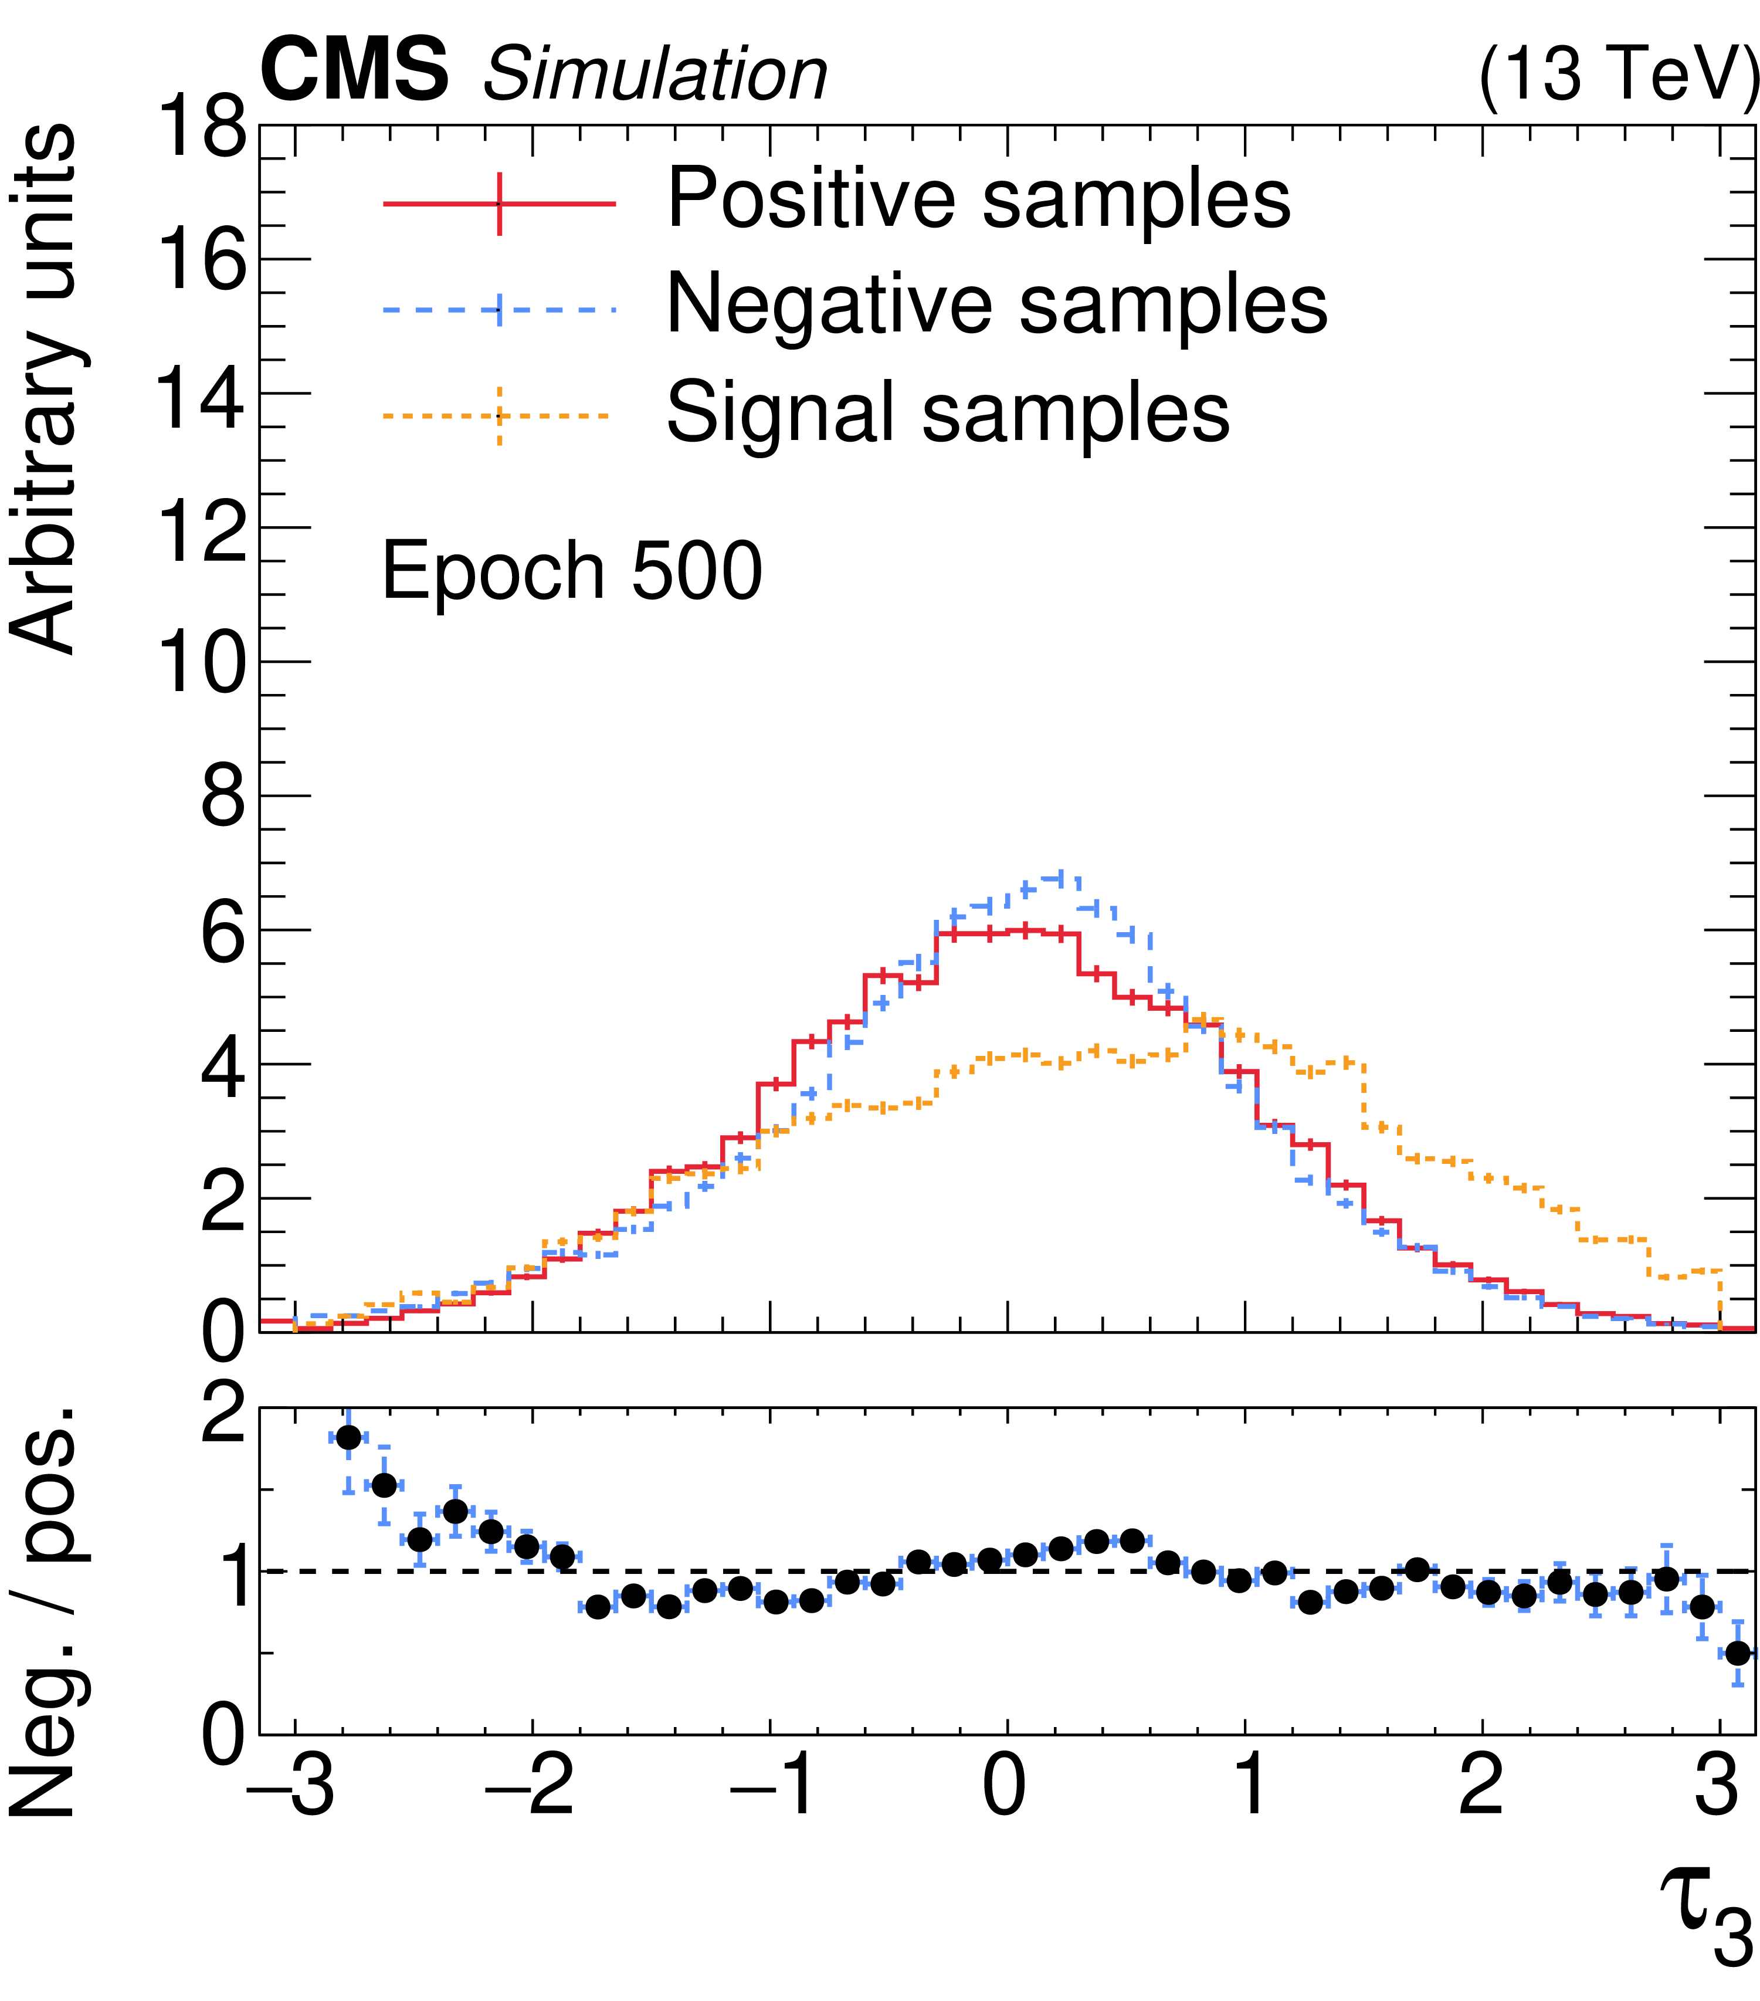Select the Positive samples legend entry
[x=978, y=199]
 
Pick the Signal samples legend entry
[x=947, y=412]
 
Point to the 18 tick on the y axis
[x=201, y=127]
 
